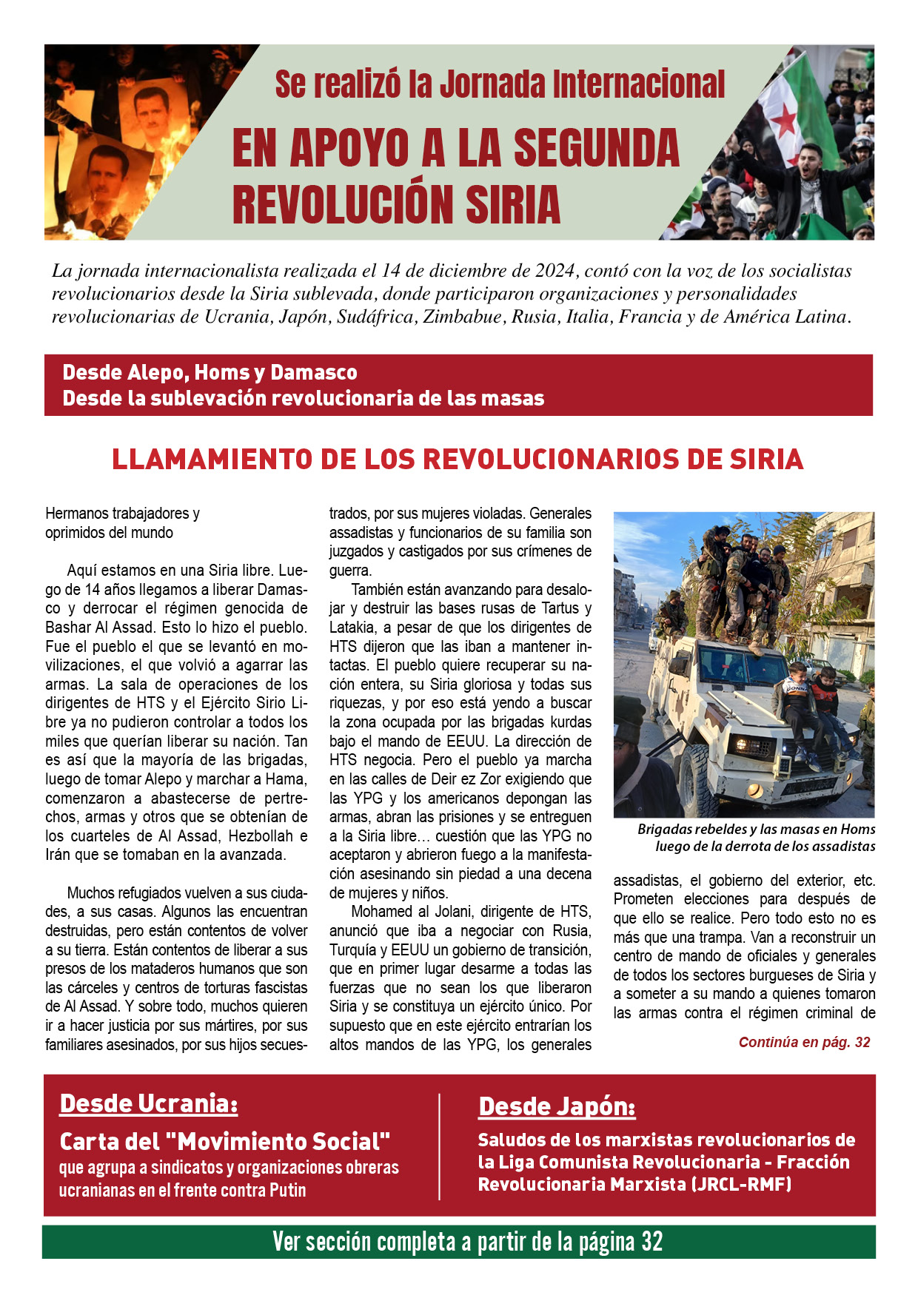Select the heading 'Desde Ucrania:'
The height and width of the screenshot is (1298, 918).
(x=149, y=1103)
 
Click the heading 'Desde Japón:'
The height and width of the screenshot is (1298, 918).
(x=557, y=1106)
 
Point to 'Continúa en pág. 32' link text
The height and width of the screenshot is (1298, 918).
(x=804, y=1042)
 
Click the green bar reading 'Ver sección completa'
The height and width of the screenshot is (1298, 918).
(x=459, y=1242)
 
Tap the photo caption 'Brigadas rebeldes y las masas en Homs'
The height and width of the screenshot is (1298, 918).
(x=756, y=830)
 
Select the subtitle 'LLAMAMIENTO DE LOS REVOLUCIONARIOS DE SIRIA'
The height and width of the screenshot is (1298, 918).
(x=458, y=460)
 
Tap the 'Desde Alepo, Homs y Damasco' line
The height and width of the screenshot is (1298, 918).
(x=210, y=372)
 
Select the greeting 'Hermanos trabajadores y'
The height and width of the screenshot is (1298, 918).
(x=122, y=513)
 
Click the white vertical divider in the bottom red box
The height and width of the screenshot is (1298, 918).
(x=440, y=1146)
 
